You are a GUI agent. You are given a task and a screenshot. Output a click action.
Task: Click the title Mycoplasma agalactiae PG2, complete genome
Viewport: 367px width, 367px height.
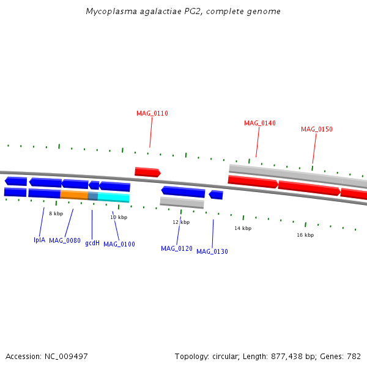[x=183, y=12]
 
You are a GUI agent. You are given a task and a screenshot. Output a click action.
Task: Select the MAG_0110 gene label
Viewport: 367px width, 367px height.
[x=152, y=113]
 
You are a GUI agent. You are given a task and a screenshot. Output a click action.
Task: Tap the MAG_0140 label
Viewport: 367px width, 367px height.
[x=260, y=123]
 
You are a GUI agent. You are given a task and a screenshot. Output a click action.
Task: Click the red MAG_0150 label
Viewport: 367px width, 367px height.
[x=317, y=129]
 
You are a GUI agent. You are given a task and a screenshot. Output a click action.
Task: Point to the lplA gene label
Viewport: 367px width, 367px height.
[x=39, y=240]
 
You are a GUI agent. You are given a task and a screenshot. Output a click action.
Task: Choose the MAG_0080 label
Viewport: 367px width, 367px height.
[x=65, y=241]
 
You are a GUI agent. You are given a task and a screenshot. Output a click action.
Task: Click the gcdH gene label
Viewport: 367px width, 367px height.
[x=92, y=243]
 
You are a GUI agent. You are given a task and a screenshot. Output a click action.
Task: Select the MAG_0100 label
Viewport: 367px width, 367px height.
[x=119, y=245]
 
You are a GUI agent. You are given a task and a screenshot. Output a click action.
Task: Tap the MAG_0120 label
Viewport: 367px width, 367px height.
[x=177, y=248]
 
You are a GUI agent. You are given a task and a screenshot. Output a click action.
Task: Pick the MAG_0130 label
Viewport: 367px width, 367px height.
[x=212, y=251]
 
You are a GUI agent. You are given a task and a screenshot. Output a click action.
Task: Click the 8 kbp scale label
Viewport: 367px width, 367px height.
[x=56, y=213]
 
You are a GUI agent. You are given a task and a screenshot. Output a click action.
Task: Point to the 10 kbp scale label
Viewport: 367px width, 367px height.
[x=119, y=217]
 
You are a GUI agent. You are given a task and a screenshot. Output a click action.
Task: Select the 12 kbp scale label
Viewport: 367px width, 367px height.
[x=181, y=222]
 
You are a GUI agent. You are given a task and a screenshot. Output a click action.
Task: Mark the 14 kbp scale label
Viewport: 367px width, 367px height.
[x=243, y=228]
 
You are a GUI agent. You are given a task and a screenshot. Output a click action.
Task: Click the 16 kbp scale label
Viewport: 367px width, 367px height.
[x=305, y=235]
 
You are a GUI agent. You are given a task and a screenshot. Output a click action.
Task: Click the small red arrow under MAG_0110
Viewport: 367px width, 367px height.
[x=147, y=172]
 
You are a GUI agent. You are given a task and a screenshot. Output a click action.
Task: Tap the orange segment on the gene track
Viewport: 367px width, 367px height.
[x=74, y=195]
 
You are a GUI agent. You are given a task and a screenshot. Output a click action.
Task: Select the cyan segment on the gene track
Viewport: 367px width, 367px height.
[x=114, y=197]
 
